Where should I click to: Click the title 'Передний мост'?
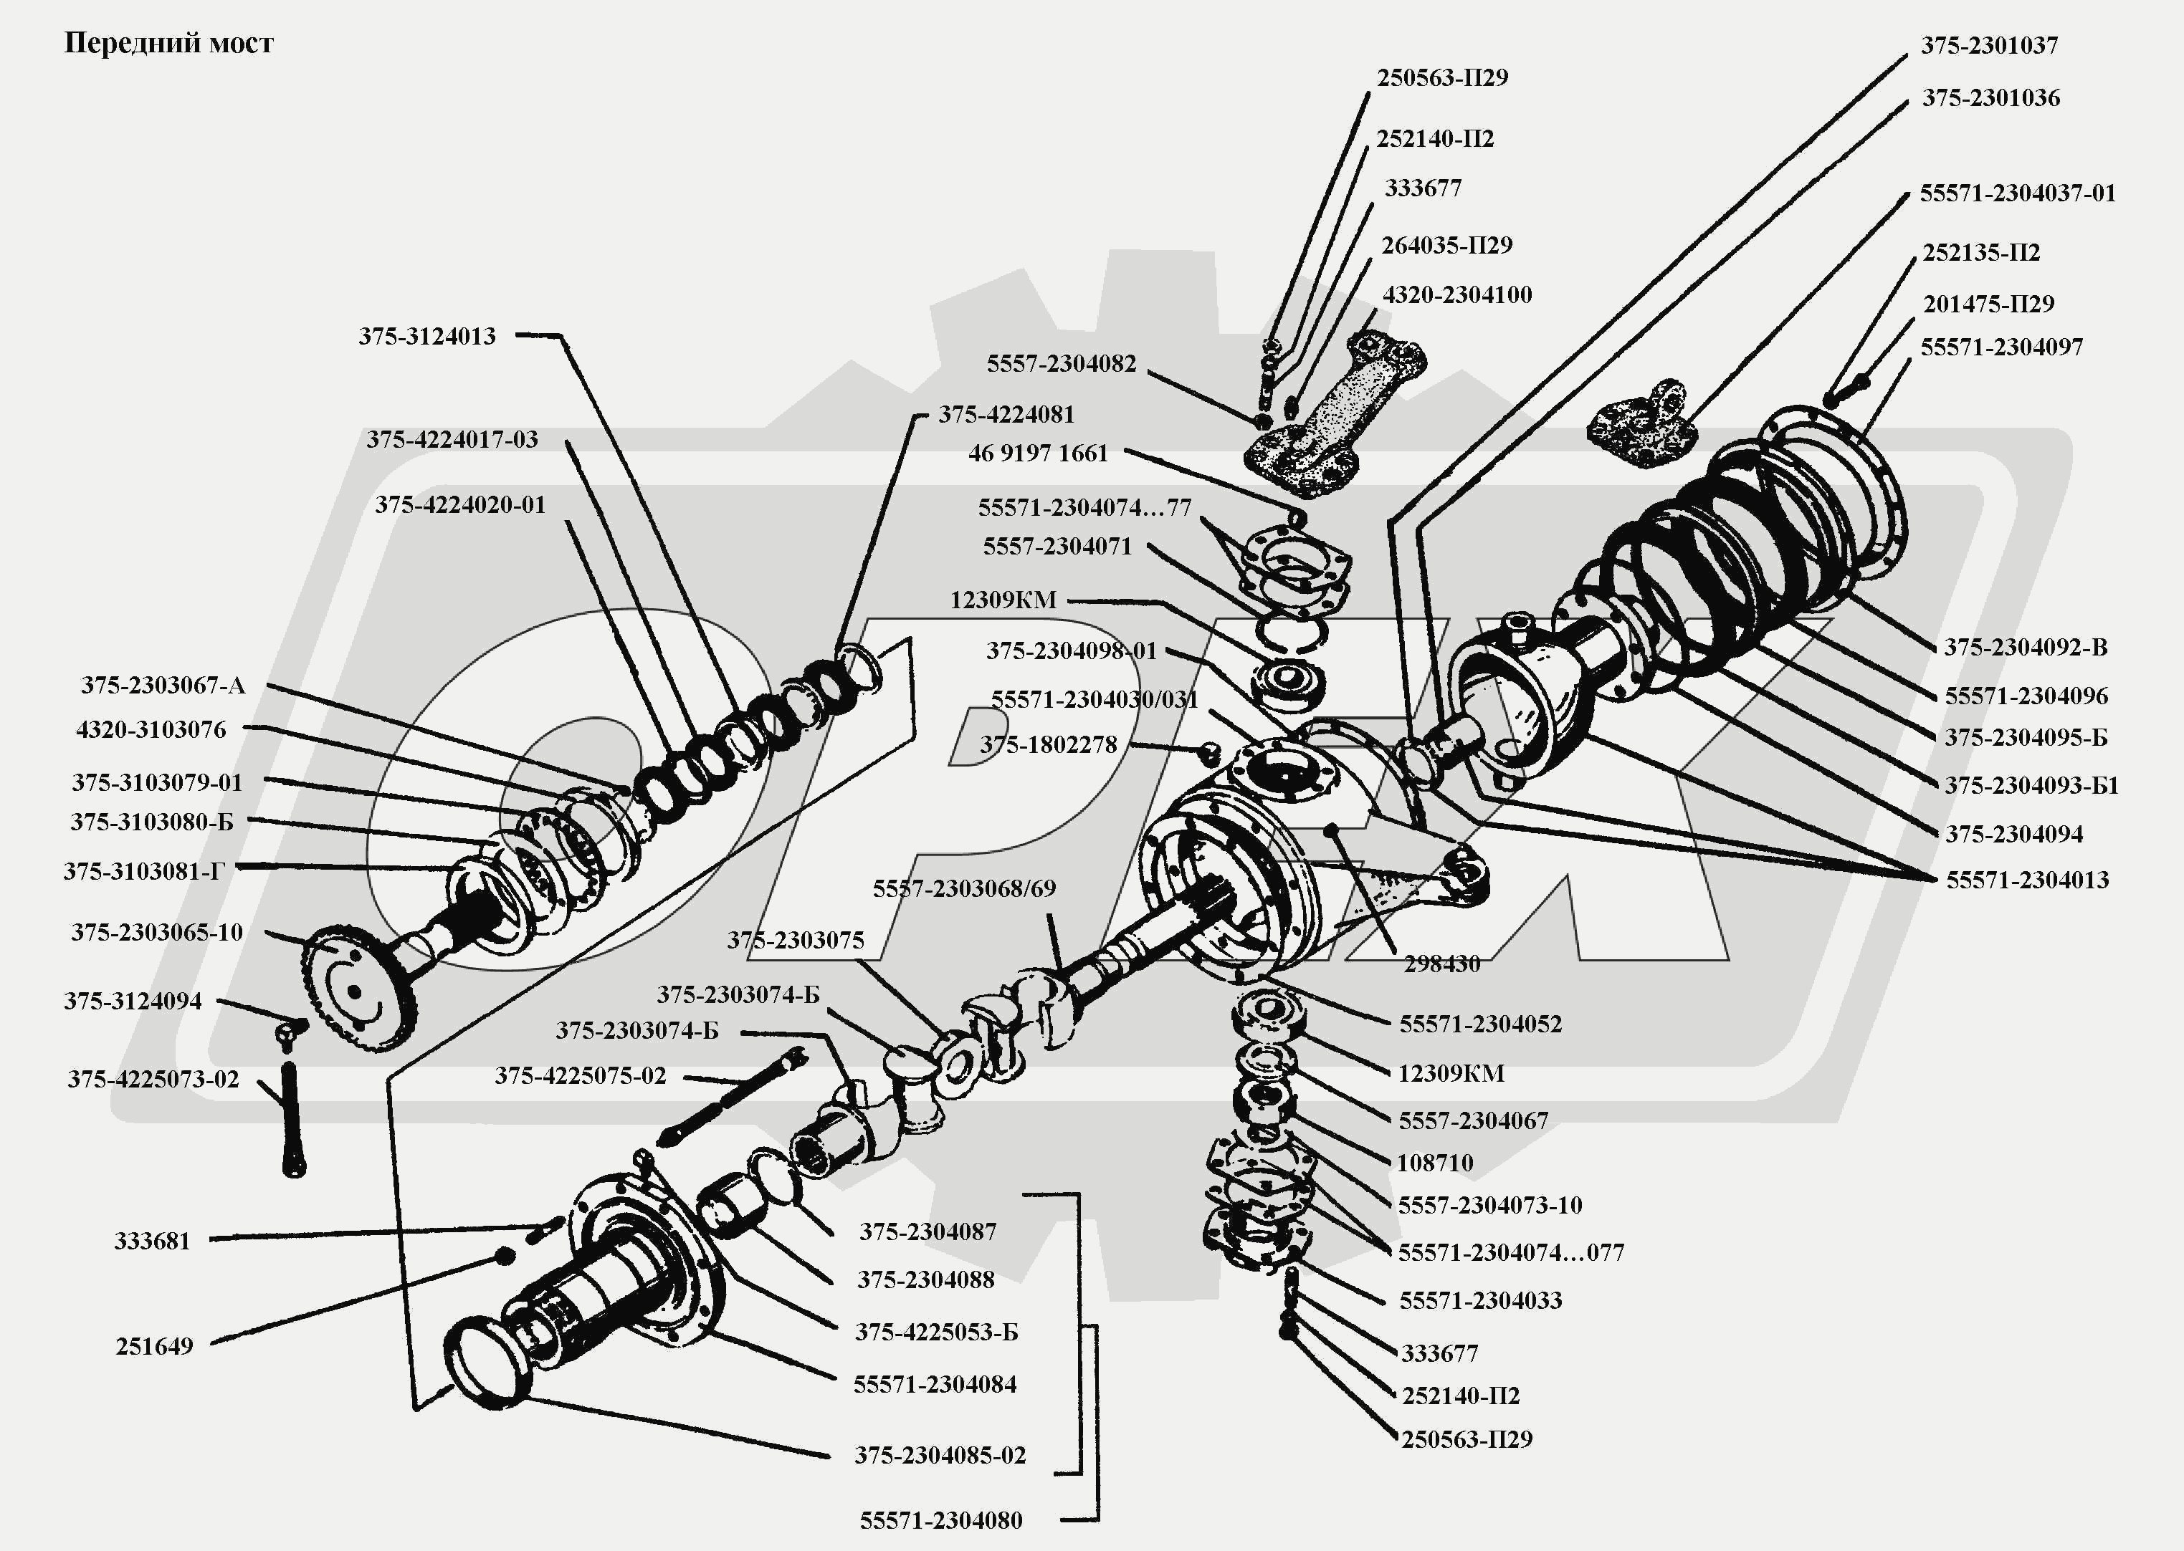tap(168, 44)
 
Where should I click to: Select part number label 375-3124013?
tap(427, 336)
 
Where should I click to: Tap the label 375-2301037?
tap(1989, 46)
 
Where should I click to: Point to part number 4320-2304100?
tap(1457, 295)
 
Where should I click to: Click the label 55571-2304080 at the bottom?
tap(940, 1520)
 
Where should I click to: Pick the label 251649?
tap(154, 1347)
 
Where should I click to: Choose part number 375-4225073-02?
tap(153, 1079)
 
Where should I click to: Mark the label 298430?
tap(1441, 964)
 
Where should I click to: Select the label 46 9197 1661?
tap(1038, 453)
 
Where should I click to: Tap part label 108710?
tap(1435, 1163)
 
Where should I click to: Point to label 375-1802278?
tap(1048, 745)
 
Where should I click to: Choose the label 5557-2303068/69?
tap(964, 889)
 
